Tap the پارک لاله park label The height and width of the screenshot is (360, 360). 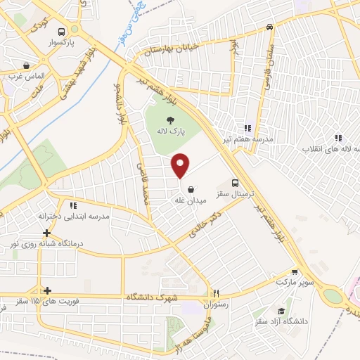click(171, 131)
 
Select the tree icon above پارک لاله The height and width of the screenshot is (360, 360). click(171, 120)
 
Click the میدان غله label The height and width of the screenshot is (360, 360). click(190, 200)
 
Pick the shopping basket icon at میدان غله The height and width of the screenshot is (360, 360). click(191, 188)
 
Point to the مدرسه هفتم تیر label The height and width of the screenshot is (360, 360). click(247, 139)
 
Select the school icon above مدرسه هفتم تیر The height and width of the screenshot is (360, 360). click(247, 128)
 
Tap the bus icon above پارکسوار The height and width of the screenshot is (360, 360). click(63, 32)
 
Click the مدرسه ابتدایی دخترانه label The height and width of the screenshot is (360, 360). click(75, 217)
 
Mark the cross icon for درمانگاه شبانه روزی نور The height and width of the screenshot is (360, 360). click(46, 233)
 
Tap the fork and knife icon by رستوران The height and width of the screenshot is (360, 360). click(217, 294)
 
